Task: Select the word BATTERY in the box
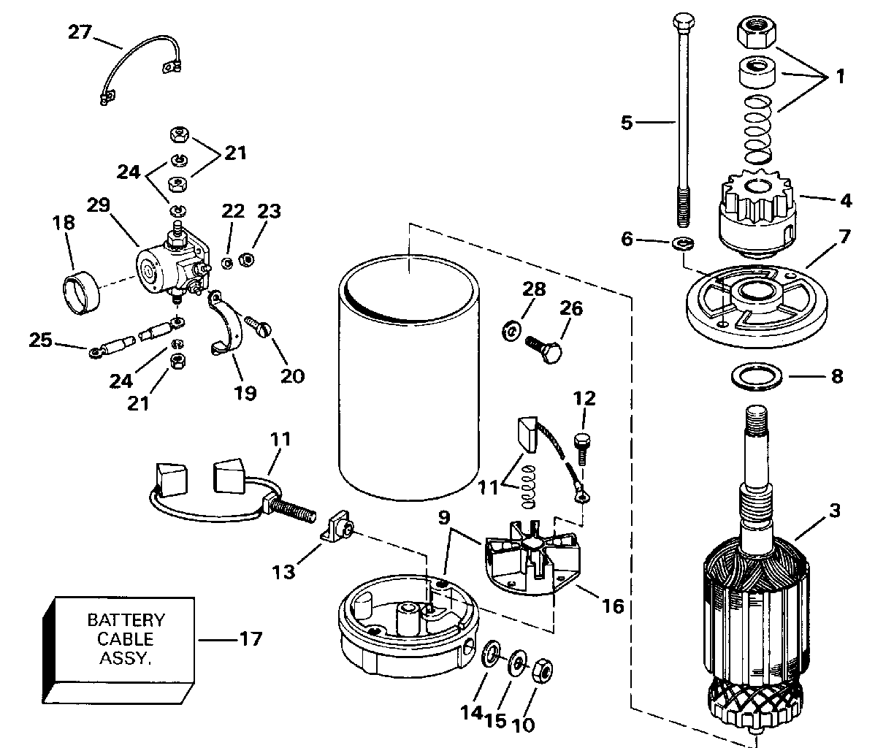pyautogui.click(x=126, y=620)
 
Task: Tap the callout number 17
pyautogui.click(x=250, y=640)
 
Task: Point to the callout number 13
pyautogui.click(x=285, y=571)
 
